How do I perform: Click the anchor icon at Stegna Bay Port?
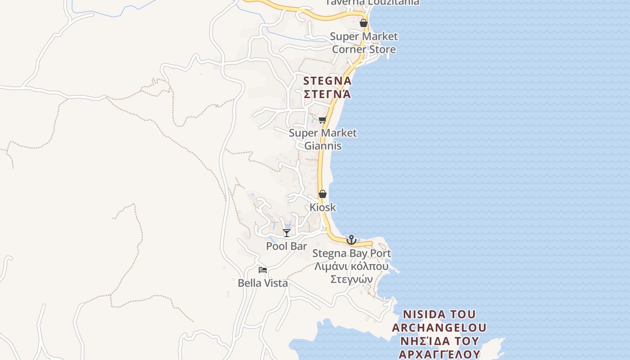(351, 239)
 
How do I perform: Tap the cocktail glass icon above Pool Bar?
(287, 233)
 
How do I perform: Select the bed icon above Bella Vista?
(263, 270)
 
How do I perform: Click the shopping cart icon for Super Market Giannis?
(322, 120)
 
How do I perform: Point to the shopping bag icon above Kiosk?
(323, 194)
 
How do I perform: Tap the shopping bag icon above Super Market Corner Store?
(364, 23)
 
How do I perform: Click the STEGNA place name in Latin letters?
(327, 81)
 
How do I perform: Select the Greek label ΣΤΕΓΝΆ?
(327, 94)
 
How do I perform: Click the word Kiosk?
(323, 207)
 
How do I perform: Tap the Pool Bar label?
(287, 246)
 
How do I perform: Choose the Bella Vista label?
(263, 283)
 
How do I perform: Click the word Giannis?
(323, 146)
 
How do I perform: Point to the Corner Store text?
(364, 49)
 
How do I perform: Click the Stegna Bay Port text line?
(351, 253)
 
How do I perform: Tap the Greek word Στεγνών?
(351, 279)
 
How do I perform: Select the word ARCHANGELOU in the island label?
(439, 328)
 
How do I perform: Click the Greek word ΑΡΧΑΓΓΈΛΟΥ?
(439, 354)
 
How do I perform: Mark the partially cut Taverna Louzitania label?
(372, 3)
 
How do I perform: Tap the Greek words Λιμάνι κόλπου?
(351, 266)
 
